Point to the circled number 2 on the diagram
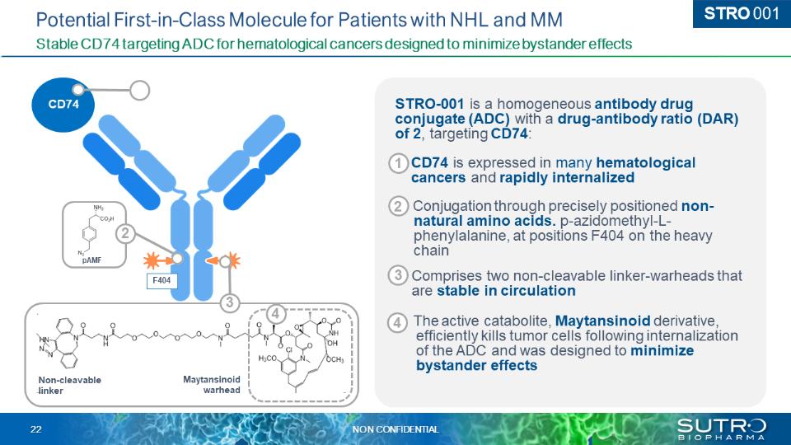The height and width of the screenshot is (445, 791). click(125, 233)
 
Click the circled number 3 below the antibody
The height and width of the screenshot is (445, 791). click(232, 302)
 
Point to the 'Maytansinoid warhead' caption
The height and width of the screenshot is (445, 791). click(211, 385)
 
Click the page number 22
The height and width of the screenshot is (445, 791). click(36, 429)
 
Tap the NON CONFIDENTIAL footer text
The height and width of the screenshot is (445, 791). click(395, 429)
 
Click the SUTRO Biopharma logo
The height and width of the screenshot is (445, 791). click(721, 428)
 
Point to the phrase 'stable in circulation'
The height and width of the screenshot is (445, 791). click(506, 290)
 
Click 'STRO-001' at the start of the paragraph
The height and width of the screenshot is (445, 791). click(428, 104)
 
